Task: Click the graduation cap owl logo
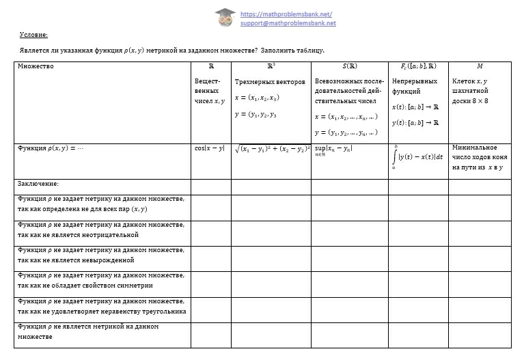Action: pos(225,18)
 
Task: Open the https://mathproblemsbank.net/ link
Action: pos(286,14)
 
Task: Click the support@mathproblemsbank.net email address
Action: pos(288,23)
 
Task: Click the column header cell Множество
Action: pos(36,66)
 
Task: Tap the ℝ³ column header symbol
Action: pos(271,66)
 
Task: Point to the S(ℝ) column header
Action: pos(349,66)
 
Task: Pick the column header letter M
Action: pos(480,66)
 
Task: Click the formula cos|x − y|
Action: pos(209,148)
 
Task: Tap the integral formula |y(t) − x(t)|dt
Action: pos(420,156)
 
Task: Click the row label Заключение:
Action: pos(38,184)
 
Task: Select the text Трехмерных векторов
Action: pos(270,82)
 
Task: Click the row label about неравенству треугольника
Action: pos(102,306)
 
